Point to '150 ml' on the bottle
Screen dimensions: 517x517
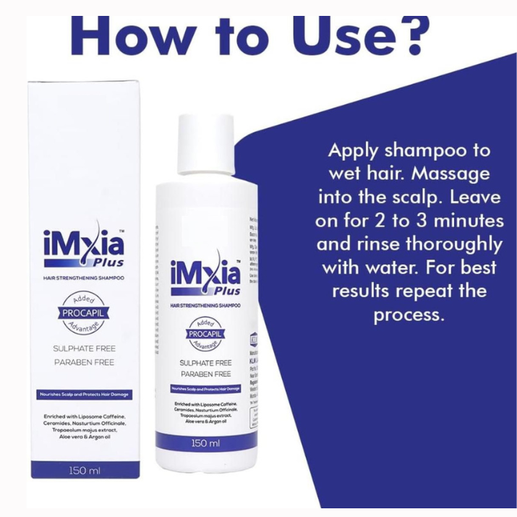205,441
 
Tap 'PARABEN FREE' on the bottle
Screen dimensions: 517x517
206,375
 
